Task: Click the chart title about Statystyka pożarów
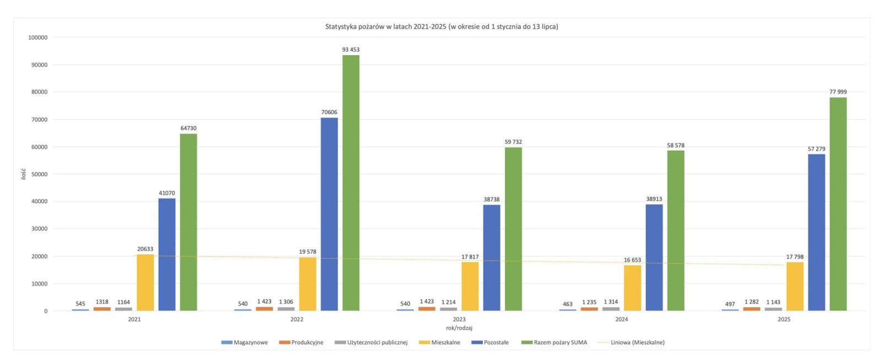(442, 26)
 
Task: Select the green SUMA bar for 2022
(351, 182)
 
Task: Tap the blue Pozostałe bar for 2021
(167, 254)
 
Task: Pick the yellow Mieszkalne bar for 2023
(470, 286)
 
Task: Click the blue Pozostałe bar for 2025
(816, 232)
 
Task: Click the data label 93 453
(351, 50)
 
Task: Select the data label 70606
(329, 112)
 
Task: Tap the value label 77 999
(838, 92)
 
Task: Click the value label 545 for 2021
(80, 304)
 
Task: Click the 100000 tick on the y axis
(37, 37)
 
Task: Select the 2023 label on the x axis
(459, 319)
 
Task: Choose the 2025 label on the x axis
(784, 319)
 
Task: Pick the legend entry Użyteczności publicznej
(377, 342)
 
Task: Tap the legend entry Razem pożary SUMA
(560, 342)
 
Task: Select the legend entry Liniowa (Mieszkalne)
(637, 342)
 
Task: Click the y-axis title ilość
(23, 174)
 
